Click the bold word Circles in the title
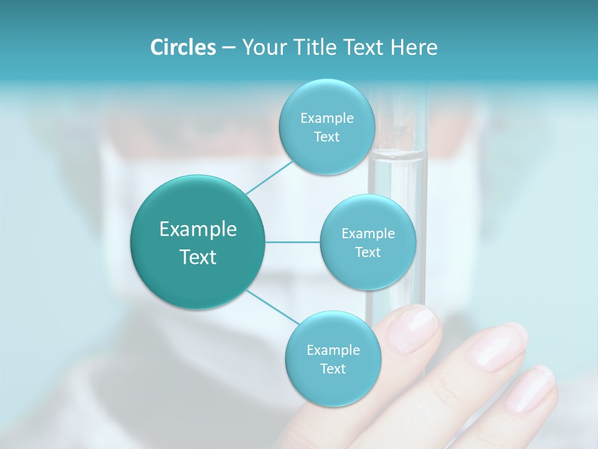click(x=183, y=47)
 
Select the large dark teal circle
click(x=198, y=242)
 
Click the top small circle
click(x=326, y=127)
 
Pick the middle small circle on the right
click(x=368, y=242)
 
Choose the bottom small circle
click(x=333, y=359)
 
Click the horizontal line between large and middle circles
click(x=293, y=242)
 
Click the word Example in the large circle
click(x=198, y=229)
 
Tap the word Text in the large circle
click(x=198, y=257)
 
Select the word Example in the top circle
click(x=326, y=118)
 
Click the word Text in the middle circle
click(x=368, y=252)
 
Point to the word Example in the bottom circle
click(x=333, y=350)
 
